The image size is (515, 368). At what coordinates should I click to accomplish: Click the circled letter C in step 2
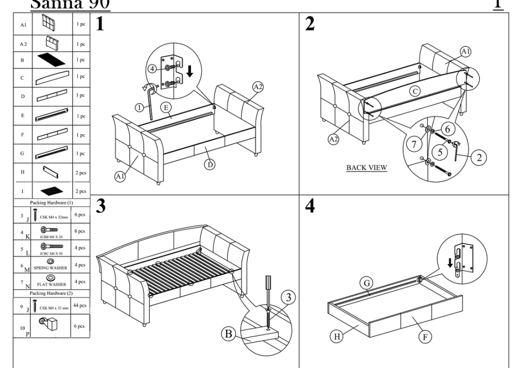(x=413, y=91)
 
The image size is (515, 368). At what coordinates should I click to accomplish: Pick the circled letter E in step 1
(x=165, y=108)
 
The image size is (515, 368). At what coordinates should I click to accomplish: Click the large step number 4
(x=310, y=207)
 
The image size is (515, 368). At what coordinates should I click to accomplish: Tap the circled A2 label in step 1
(x=257, y=87)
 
